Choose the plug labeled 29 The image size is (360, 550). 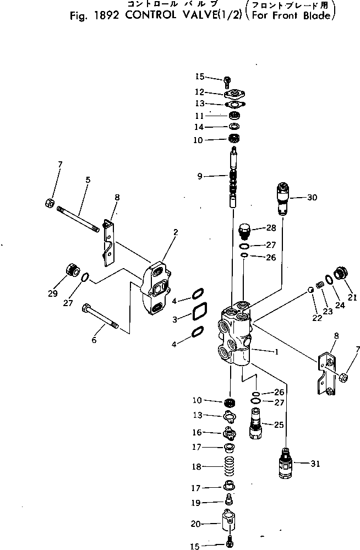point(70,271)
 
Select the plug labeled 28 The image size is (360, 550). point(244,228)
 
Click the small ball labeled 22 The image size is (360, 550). point(311,290)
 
